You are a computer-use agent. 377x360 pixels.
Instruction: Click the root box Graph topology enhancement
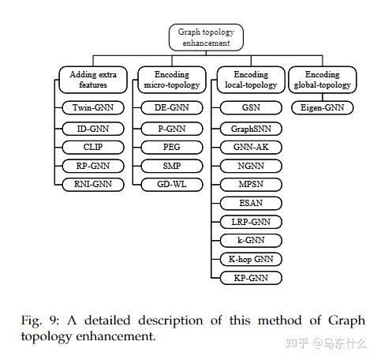206,37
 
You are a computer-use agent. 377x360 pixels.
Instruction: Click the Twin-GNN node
94,107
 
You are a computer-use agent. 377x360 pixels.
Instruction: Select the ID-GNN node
94,127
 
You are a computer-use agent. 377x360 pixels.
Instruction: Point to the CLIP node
94,147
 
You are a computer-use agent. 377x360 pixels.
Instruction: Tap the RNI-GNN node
94,185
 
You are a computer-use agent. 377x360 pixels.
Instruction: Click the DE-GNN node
170,107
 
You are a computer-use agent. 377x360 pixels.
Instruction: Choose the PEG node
170,147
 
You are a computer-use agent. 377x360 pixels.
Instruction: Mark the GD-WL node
170,185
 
